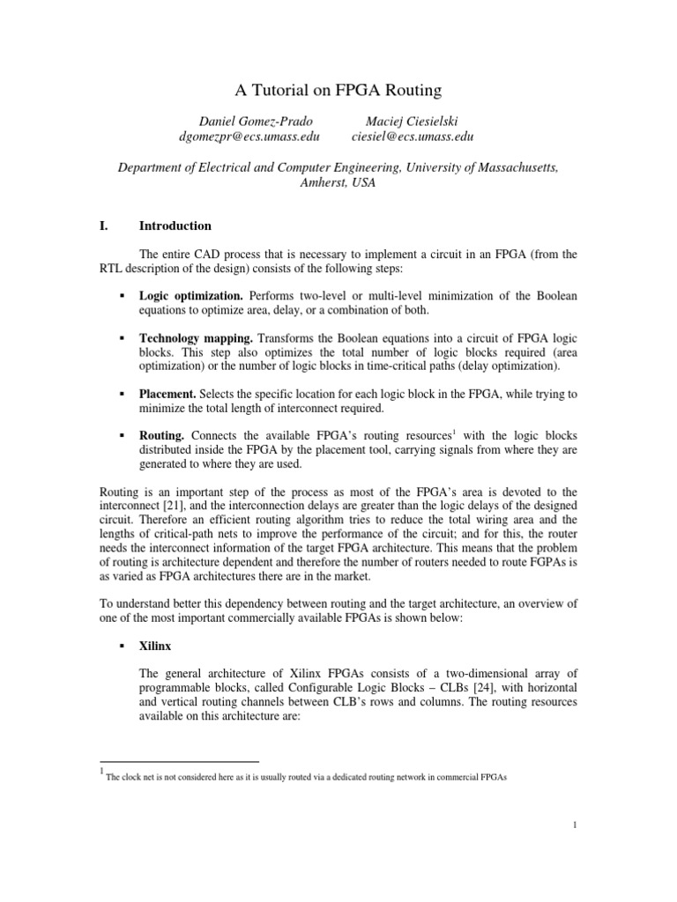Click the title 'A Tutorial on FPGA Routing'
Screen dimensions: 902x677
tap(338, 90)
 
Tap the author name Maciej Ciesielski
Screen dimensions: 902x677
tap(412, 121)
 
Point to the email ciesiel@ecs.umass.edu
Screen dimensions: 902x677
tap(412, 137)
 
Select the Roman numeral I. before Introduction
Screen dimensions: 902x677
tap(104, 225)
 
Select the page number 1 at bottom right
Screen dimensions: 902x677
tap(574, 825)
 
